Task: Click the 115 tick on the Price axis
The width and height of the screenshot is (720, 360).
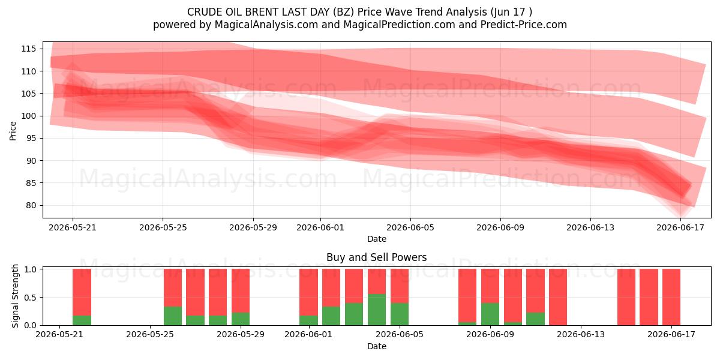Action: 28,49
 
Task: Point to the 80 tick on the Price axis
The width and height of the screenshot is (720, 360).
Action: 31,205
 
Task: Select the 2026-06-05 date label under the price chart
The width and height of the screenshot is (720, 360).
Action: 410,228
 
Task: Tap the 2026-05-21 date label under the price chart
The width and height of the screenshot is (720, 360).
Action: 73,228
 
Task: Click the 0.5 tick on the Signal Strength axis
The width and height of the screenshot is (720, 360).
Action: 30,298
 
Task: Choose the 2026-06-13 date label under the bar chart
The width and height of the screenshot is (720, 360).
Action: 581,335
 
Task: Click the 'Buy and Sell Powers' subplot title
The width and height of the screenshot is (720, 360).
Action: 376,257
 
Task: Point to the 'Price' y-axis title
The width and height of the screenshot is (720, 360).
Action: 13,131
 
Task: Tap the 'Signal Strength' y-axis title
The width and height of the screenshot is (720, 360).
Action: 15,296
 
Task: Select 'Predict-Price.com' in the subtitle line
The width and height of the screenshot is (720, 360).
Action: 524,25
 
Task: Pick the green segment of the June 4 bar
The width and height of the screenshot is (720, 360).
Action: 377,310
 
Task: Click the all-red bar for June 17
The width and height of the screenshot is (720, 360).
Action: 671,297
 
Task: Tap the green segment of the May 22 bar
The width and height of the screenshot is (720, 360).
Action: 82,320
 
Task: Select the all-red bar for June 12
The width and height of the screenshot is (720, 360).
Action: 558,297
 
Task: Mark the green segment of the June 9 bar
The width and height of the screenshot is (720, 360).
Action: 490,314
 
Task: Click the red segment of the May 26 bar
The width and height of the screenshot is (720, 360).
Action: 173,287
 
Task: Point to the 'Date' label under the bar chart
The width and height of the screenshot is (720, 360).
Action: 377,347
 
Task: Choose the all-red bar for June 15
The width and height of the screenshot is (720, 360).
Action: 626,297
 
